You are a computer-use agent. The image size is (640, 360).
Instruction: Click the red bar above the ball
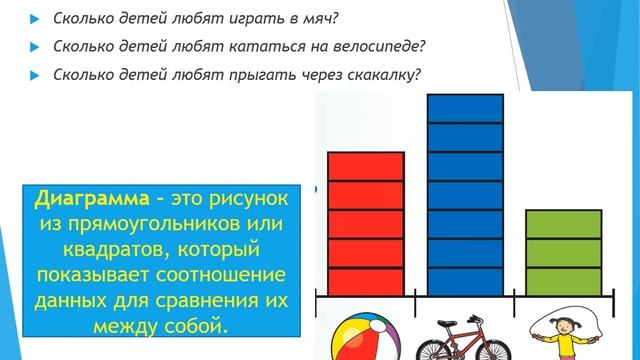tap(366, 224)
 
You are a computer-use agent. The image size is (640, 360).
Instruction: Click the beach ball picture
tap(362, 337)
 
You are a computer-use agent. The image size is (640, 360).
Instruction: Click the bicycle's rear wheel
tap(433, 342)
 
